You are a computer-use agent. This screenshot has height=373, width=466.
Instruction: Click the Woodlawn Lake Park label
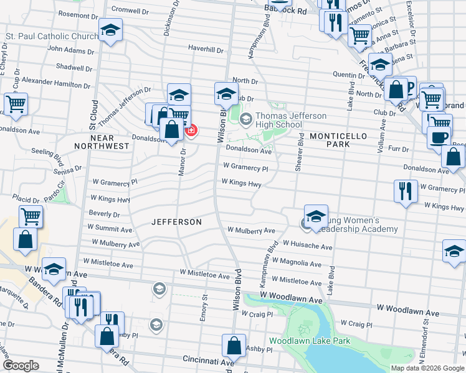(310, 341)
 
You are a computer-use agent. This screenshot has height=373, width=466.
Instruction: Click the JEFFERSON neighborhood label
(177, 222)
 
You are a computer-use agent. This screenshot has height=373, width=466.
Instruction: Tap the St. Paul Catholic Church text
(52, 36)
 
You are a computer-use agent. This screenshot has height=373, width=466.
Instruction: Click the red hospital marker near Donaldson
(191, 131)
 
